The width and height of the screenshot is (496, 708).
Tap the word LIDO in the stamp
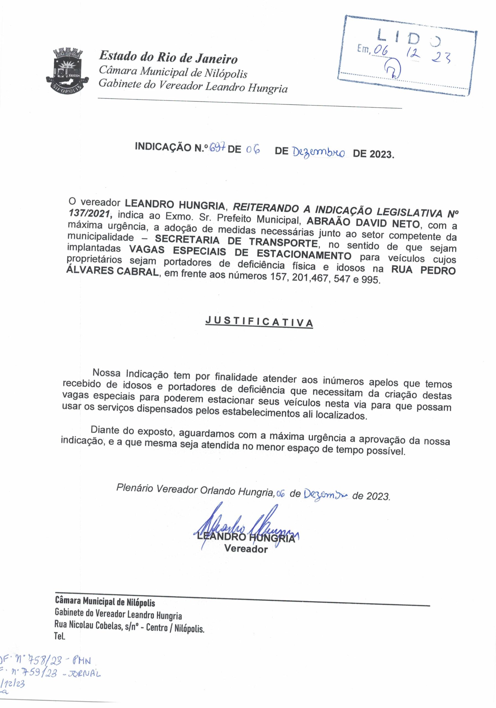(409, 38)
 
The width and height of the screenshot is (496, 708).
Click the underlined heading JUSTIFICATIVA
(259, 322)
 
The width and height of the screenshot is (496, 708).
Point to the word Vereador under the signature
(246, 549)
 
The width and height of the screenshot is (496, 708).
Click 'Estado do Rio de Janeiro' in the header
(168, 58)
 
